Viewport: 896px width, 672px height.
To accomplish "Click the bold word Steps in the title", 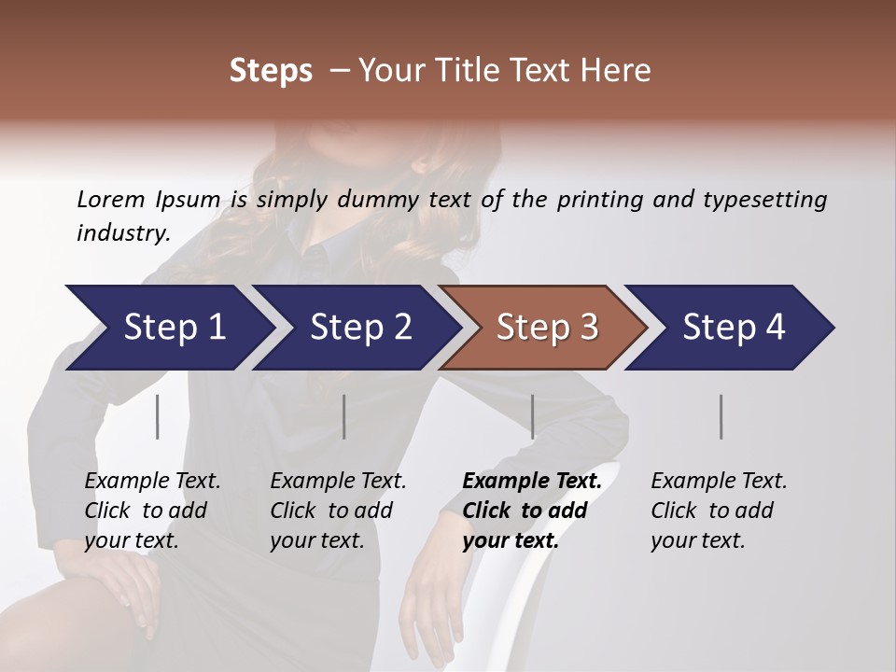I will (x=271, y=71).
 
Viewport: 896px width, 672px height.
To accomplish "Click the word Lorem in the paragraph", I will (x=108, y=200).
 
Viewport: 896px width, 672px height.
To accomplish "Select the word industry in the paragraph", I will (x=122, y=233).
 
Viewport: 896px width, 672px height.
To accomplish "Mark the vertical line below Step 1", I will (x=158, y=416).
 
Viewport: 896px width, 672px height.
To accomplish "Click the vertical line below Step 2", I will (x=344, y=416).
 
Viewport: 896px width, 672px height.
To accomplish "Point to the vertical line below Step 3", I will (x=532, y=416).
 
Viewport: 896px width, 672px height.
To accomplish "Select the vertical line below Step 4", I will (x=721, y=416).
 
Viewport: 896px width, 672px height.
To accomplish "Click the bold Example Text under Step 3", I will (x=532, y=482).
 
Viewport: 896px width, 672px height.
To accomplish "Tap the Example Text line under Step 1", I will (x=152, y=482).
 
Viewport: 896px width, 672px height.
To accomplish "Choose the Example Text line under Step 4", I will (x=719, y=482).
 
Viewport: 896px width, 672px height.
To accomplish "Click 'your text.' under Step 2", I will (x=317, y=540).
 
